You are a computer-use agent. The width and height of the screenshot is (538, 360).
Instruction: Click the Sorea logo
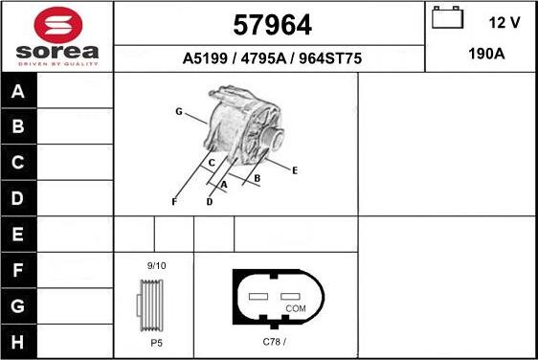[57, 35]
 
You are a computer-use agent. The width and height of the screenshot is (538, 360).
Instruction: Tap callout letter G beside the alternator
[178, 112]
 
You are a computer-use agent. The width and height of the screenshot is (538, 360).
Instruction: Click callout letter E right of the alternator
[295, 170]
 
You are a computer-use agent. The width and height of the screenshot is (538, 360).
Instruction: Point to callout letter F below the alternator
[173, 202]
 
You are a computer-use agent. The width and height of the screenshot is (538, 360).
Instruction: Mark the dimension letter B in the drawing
[257, 178]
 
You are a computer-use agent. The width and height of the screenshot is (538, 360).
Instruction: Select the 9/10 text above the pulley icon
[156, 265]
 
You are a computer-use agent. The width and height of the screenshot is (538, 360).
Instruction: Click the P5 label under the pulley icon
[155, 341]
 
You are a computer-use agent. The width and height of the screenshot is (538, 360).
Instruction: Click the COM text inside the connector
[296, 308]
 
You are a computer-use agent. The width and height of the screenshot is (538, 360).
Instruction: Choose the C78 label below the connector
[275, 341]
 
